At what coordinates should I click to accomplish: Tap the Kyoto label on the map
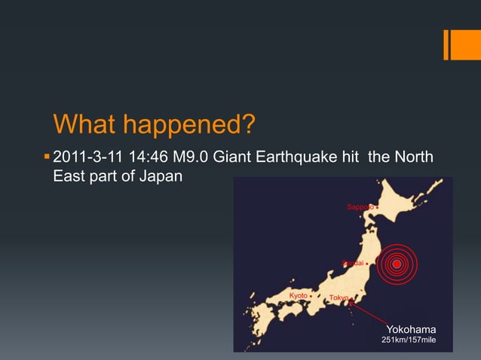click(299, 295)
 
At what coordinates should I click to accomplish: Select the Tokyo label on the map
click(339, 298)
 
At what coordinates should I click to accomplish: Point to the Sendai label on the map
click(352, 264)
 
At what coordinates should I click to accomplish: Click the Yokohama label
click(411, 329)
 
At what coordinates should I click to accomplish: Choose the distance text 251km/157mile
click(409, 341)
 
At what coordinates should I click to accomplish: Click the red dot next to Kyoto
click(311, 296)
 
